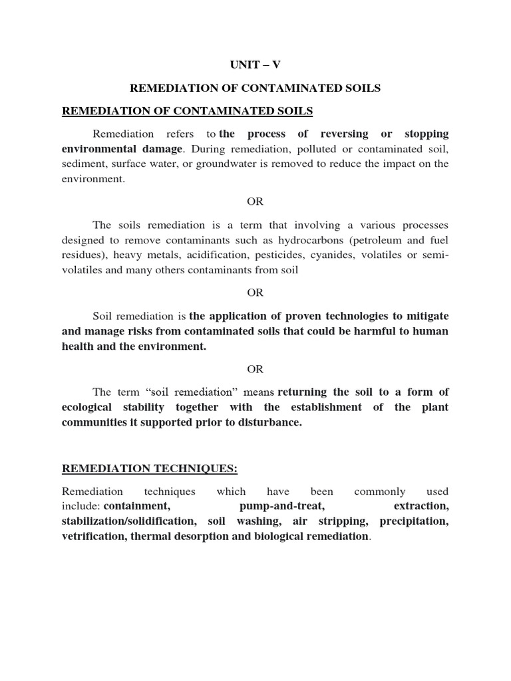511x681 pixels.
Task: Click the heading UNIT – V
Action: pos(255,65)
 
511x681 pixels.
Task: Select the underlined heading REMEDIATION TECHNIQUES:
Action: pos(150,469)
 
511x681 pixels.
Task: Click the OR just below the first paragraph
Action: pos(255,202)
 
